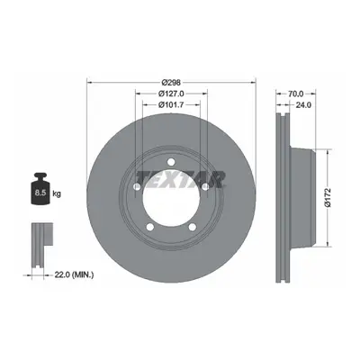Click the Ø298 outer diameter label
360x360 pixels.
[171, 82]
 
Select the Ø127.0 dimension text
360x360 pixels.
[171, 94]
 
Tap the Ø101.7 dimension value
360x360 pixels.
[171, 104]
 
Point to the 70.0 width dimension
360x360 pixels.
[296, 94]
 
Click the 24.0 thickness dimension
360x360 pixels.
[303, 104]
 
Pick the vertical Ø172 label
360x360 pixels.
[328, 197]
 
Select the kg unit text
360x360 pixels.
[57, 193]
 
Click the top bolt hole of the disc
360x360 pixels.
[171, 162]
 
